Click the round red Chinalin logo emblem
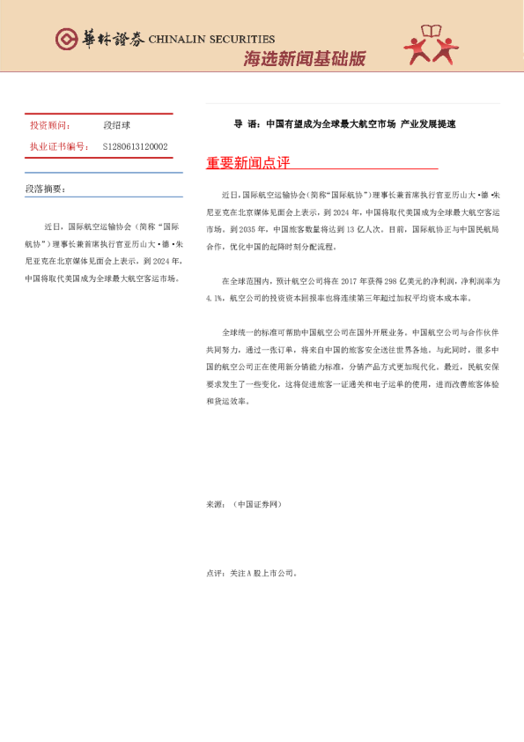coord(66,39)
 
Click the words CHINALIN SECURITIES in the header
coord(211,40)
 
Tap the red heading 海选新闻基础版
coord(304,59)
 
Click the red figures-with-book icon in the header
coord(432,44)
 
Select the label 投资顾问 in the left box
coord(49,126)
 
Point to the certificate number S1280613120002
coord(135,146)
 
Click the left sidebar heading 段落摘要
coord(45,189)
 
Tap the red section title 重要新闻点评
coord(247,164)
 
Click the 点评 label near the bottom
coord(214,573)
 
